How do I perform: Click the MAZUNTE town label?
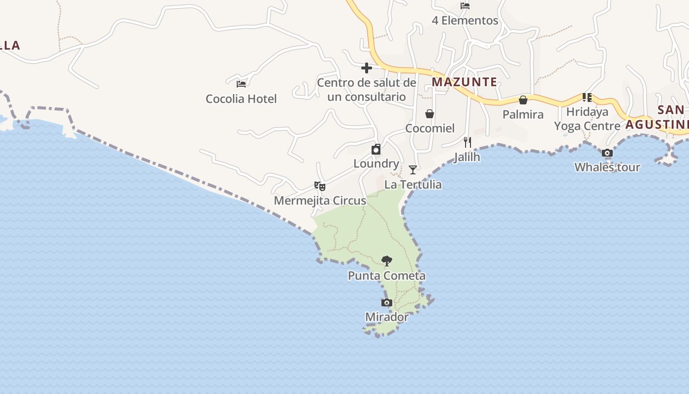tap(464, 82)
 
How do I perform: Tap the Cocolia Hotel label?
tap(241, 98)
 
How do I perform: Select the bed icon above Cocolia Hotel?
tap(241, 84)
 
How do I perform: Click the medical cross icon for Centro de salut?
tap(367, 68)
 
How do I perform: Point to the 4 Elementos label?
tap(465, 21)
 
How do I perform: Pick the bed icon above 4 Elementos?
tap(465, 6)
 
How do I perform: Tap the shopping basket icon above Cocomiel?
tap(430, 114)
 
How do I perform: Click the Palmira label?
tap(523, 114)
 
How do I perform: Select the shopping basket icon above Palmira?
tap(523, 100)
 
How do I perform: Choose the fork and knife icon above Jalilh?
tap(468, 142)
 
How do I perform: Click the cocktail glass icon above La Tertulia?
tap(413, 170)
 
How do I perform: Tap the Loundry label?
tap(376, 164)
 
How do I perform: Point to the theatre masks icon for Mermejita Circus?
tap(320, 186)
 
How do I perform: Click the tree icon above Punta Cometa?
tap(387, 261)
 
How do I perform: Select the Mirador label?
tap(387, 317)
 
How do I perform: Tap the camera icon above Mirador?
tap(387, 302)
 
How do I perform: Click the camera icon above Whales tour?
tap(607, 153)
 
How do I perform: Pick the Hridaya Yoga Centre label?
tap(587, 119)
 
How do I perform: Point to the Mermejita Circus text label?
tap(320, 200)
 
